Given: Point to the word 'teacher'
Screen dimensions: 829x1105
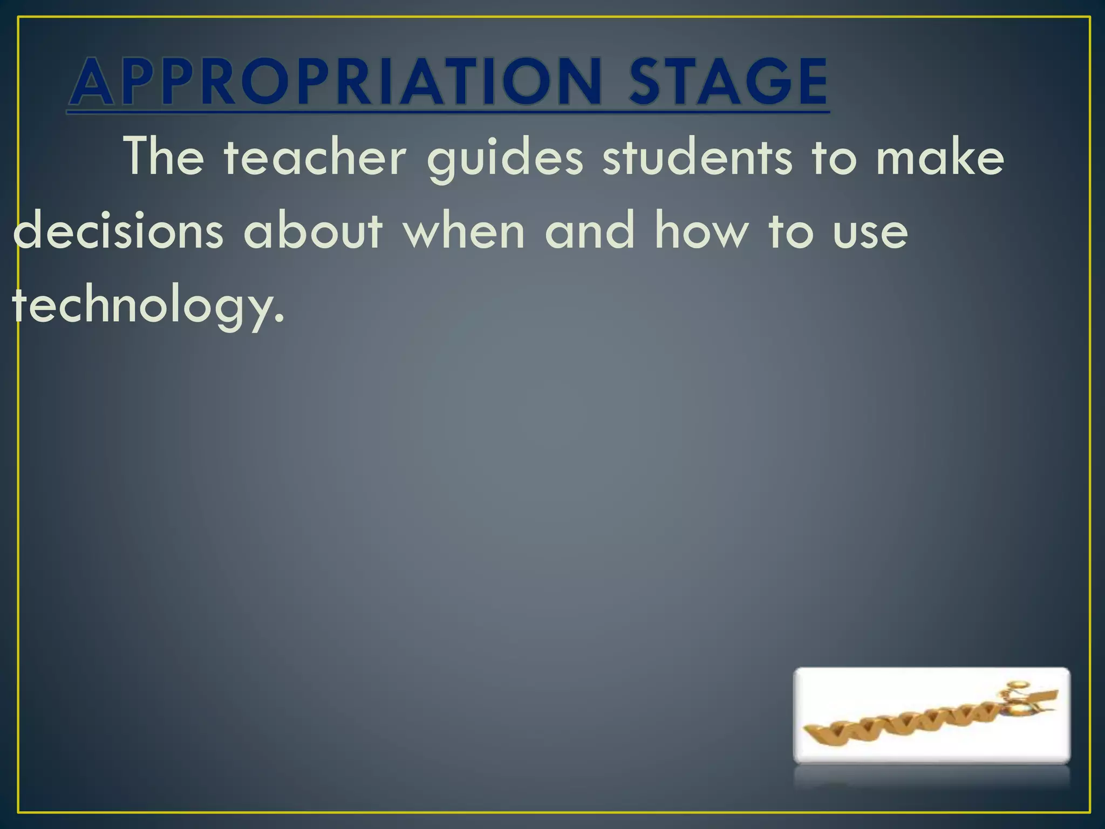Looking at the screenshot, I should point(315,157).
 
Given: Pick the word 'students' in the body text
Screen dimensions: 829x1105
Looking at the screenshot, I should point(698,157).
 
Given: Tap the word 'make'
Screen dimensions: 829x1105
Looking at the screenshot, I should point(940,157).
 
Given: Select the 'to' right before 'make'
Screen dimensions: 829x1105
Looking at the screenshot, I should point(834,157).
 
